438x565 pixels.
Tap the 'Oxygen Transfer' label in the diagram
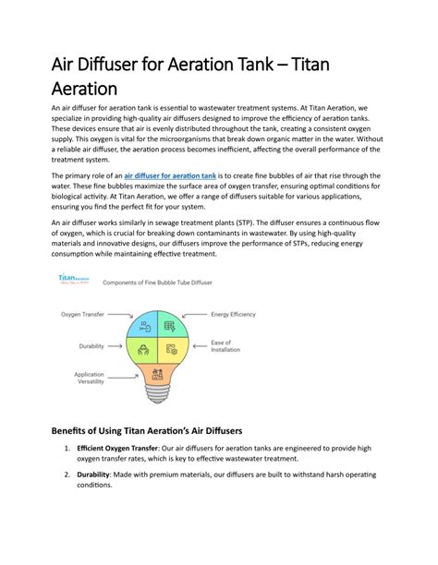(x=82, y=315)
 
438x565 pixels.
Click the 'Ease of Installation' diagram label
(x=227, y=348)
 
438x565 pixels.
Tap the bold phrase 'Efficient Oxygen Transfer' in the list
(x=120, y=450)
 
